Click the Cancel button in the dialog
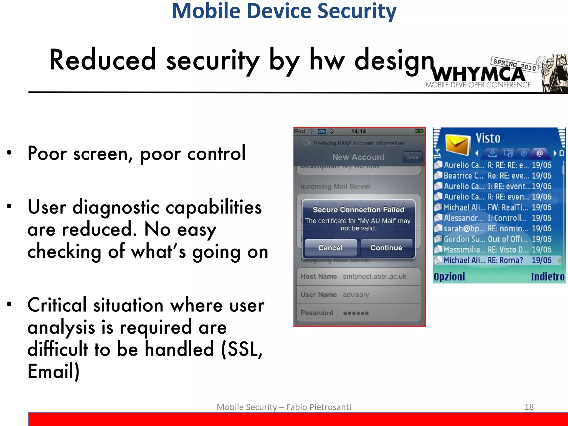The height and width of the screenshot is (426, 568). (330, 247)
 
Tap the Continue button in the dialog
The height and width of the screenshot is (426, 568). (386, 247)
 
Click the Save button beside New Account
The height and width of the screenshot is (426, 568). (412, 157)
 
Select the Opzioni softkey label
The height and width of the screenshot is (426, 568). (449, 277)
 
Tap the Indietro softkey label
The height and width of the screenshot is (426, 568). (547, 277)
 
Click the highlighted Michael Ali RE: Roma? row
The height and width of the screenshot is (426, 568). (496, 260)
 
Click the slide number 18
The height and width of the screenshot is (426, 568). (529, 407)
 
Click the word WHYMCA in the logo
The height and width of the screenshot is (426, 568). (478, 74)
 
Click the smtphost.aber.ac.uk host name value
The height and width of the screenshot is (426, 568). (374, 277)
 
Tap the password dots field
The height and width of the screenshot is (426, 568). (356, 313)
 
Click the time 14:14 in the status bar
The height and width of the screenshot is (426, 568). (358, 131)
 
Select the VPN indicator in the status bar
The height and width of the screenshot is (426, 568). (322, 131)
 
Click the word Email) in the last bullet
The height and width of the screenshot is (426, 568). (54, 371)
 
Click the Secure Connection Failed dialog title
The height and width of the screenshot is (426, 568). (358, 210)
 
